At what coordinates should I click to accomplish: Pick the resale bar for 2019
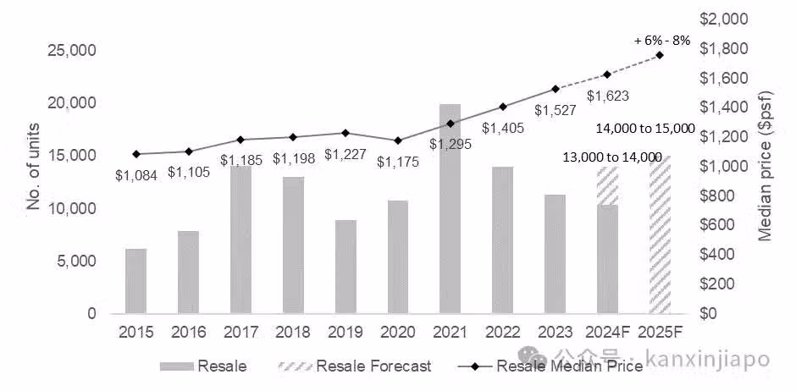coord(345,267)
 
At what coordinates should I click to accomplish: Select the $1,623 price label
coord(607,96)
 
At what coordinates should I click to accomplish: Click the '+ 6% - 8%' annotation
coord(662,39)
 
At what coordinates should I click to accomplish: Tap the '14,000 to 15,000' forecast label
coord(645,128)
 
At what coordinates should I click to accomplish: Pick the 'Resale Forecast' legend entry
coord(373,366)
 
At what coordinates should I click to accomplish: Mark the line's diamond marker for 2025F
coord(660,55)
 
